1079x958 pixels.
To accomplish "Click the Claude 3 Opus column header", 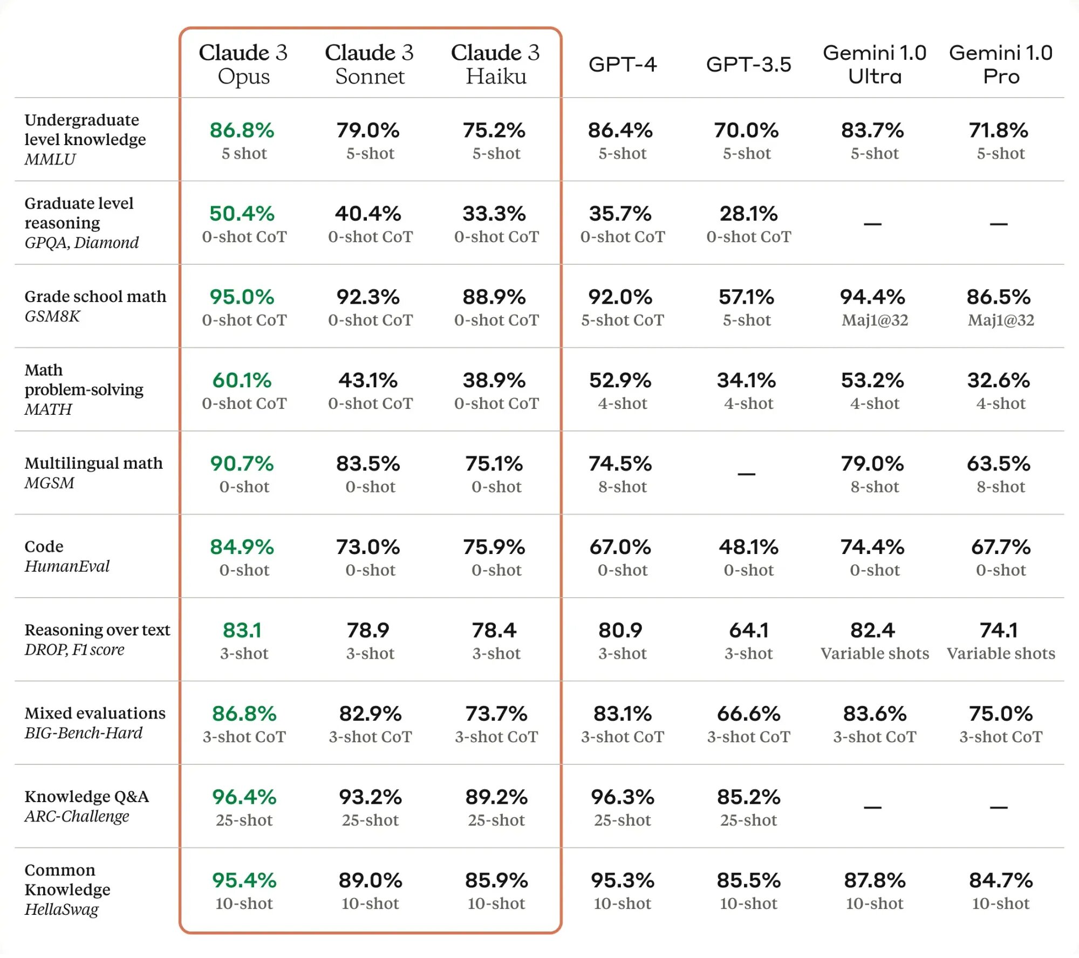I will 243,64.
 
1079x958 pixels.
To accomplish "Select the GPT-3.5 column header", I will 748,65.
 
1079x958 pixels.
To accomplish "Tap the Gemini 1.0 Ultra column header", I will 875,64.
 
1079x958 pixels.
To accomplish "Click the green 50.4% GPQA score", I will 242,214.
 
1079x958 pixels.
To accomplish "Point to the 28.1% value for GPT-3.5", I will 748,214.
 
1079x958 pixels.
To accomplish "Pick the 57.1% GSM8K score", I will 747,297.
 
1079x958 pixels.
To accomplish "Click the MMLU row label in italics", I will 50,159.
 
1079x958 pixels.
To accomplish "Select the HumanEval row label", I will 67,566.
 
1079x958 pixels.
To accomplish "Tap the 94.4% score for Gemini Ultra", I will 872,297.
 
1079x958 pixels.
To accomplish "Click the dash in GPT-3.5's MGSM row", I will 747,474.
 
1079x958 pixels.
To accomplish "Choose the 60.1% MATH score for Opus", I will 242,380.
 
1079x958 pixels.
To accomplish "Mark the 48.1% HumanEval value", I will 748,547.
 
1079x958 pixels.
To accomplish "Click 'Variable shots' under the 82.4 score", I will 875,653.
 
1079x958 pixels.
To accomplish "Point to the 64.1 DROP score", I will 748,630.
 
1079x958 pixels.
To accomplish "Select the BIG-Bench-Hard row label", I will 84,733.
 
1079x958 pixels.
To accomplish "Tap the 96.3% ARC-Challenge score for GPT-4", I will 622,797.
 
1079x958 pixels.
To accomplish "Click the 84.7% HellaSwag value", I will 1001,880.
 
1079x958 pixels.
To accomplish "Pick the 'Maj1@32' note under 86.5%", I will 1001,320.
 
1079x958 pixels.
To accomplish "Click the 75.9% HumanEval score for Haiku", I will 494,547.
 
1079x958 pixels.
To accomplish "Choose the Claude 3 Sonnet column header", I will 370,64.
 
